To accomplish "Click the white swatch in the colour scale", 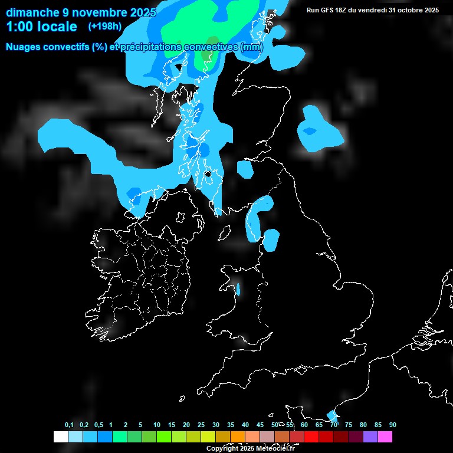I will pyautogui.click(x=60, y=437).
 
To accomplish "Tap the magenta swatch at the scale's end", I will pyautogui.click(x=385, y=437).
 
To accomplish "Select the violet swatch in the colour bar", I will pyautogui.click(x=370, y=437).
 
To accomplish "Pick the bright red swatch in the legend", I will pyautogui.click(x=311, y=437).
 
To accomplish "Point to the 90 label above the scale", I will pyautogui.click(x=392, y=425).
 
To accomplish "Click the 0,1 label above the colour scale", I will pyautogui.click(x=69, y=425).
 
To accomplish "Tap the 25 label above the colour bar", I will pyautogui.click(x=201, y=425).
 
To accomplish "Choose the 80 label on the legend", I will pyautogui.click(x=363, y=425).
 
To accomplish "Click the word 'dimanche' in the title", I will pyautogui.click(x=32, y=12).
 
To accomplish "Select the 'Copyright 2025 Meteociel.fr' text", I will pyautogui.click(x=250, y=448).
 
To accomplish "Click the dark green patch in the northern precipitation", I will pyautogui.click(x=206, y=56).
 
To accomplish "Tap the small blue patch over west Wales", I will pyautogui.click(x=238, y=289).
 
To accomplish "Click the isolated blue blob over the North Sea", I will pyautogui.click(x=318, y=130).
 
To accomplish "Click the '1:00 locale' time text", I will pyautogui.click(x=41, y=27).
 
